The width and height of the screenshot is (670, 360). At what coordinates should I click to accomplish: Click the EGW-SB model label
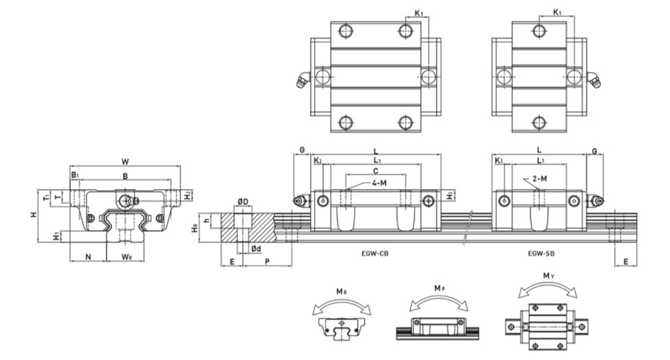click(x=541, y=253)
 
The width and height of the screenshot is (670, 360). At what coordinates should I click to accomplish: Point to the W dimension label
click(x=125, y=161)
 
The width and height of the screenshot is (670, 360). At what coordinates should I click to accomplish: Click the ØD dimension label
click(x=243, y=201)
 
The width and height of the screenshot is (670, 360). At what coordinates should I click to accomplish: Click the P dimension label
click(x=267, y=262)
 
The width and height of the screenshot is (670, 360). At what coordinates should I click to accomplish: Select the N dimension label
click(x=88, y=256)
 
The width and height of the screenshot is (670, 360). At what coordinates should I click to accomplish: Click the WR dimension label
click(x=126, y=256)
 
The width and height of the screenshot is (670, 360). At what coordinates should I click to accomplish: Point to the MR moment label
click(x=341, y=291)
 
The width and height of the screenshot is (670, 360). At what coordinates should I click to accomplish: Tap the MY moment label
click(x=548, y=276)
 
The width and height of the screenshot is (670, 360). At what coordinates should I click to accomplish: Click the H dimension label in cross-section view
click(x=33, y=214)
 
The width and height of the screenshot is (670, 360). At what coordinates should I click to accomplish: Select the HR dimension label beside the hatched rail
click(x=195, y=228)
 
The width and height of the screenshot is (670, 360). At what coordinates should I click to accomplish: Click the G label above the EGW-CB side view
click(x=301, y=150)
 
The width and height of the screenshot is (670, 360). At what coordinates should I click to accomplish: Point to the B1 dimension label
click(x=75, y=175)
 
